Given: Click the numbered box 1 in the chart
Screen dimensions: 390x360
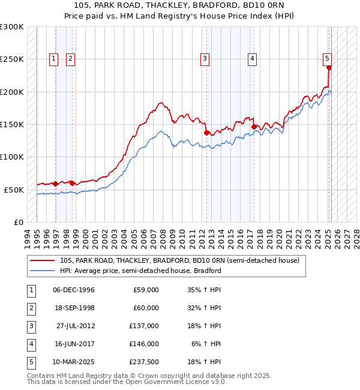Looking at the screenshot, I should coord(54,58).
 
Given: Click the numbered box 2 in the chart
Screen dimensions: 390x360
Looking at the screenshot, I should coord(70,58).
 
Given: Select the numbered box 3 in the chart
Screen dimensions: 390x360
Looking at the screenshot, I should coord(205,58).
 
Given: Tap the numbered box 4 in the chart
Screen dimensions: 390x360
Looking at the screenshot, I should coord(252,58).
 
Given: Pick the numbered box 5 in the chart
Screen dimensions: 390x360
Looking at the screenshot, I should coord(327,58).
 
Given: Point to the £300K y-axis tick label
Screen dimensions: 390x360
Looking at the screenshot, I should coord(12,27).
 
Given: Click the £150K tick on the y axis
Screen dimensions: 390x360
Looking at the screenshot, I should coord(12,124).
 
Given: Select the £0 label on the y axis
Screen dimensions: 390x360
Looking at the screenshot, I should coord(17,222).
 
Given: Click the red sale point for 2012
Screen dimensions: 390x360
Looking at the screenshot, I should coord(207,133).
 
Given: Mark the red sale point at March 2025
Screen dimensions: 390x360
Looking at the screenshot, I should coord(329,68).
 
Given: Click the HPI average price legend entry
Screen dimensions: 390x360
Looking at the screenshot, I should coord(140,271).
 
